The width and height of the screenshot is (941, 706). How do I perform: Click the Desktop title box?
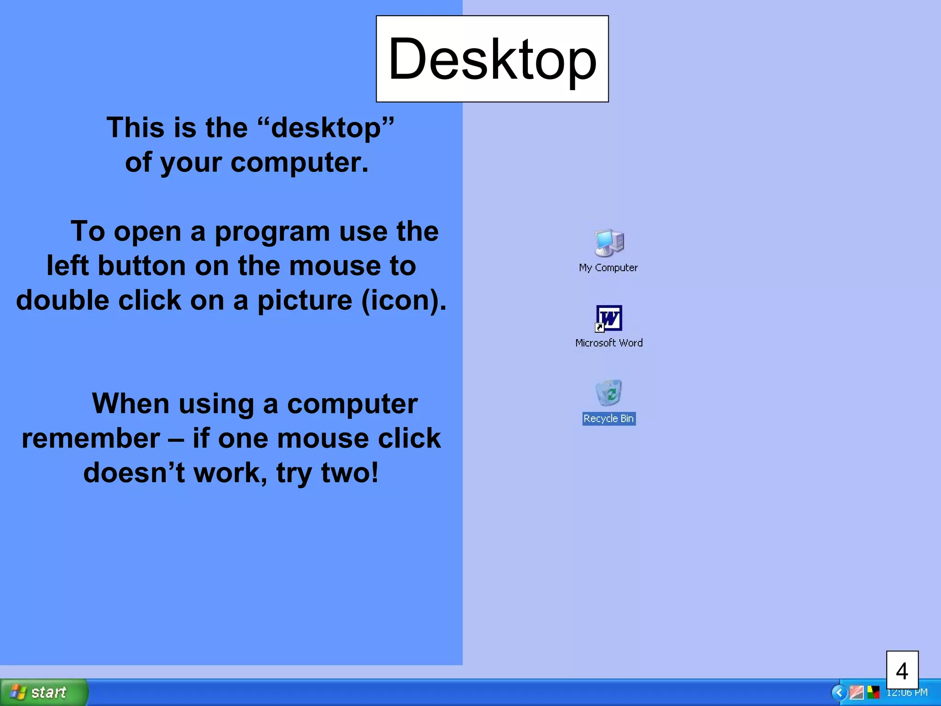[x=492, y=59]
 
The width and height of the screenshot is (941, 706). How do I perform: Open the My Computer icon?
[x=609, y=243]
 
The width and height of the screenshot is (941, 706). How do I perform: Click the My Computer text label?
[x=608, y=268]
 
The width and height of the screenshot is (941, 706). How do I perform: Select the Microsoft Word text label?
[x=609, y=343]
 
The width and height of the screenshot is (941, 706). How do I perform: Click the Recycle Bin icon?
[x=608, y=393]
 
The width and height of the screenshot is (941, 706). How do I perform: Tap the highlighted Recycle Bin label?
[x=609, y=419]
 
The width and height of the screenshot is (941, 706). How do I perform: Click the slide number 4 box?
[x=902, y=671]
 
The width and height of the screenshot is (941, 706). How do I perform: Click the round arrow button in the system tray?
[x=839, y=692]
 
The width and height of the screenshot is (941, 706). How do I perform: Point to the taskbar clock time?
[x=907, y=693]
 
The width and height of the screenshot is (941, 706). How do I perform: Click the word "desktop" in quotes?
[x=326, y=127]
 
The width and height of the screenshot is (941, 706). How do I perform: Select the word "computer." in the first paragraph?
[x=300, y=162]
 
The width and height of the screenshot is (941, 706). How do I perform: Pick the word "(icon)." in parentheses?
[x=404, y=300]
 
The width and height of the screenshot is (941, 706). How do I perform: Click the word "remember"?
[x=91, y=438]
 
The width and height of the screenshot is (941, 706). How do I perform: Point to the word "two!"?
[x=349, y=473]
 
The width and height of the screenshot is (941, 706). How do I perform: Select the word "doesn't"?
[x=134, y=473]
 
